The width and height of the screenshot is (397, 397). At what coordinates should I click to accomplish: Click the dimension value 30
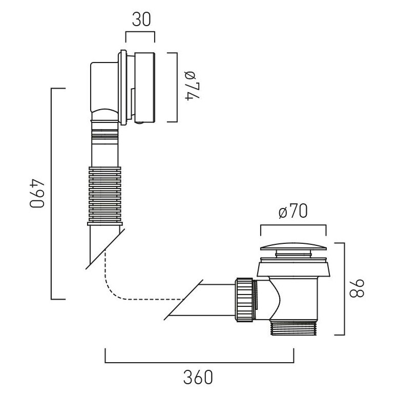pyautogui.click(x=141, y=19)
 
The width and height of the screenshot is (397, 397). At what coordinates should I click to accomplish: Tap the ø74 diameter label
pyautogui.click(x=193, y=86)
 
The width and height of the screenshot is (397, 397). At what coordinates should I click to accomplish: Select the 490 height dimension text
pyautogui.click(x=37, y=194)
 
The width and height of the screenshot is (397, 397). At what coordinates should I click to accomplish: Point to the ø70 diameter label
pyautogui.click(x=293, y=211)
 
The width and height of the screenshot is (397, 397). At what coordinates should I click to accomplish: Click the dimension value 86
pyautogui.click(x=357, y=288)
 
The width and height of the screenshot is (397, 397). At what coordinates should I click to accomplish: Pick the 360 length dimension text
pyautogui.click(x=198, y=377)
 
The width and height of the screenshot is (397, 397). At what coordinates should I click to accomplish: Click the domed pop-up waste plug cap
pyautogui.click(x=294, y=246)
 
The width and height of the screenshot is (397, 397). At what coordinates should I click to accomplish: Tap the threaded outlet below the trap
pyautogui.click(x=294, y=328)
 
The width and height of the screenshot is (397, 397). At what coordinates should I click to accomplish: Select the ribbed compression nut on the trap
pyautogui.click(x=244, y=300)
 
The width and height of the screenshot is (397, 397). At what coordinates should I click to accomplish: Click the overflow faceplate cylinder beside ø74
pyautogui.click(x=144, y=88)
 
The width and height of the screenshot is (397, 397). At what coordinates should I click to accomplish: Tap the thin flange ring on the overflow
pyautogui.click(x=123, y=88)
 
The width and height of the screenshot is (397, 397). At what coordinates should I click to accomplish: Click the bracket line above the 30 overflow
pyautogui.click(x=140, y=32)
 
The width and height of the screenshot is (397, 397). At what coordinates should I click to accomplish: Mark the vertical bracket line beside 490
pyautogui.click(x=51, y=194)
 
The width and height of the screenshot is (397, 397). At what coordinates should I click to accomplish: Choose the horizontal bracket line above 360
pyautogui.click(x=199, y=362)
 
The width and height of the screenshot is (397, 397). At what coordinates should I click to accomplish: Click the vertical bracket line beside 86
pyautogui.click(x=344, y=288)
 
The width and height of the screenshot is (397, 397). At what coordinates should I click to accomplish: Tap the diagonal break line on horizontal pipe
pyautogui.click(x=183, y=300)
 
